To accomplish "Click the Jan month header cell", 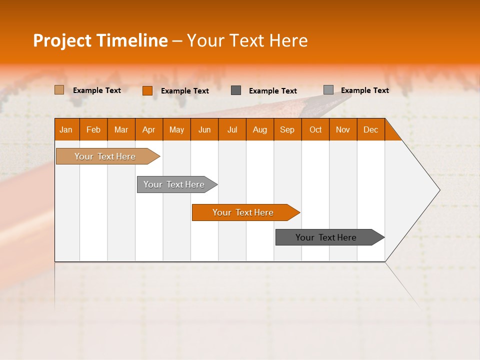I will coord(66,129).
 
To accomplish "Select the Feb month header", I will coord(93,129).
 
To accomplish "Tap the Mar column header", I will coord(121,129).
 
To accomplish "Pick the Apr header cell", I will coord(149,129).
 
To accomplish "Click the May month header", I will coord(176,129).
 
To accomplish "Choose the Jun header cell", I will coord(204,129).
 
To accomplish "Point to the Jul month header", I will coord(232,129).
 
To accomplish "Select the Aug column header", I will coord(260,129).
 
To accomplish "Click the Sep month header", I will coord(287,129).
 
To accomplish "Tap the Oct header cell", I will coord(315,129).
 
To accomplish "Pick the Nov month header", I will coord(343,129).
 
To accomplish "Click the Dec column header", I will coord(371,129).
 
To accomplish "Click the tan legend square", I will coord(59,90).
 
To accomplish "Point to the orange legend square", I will coord(147,90).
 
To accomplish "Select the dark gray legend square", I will coord(236,90).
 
